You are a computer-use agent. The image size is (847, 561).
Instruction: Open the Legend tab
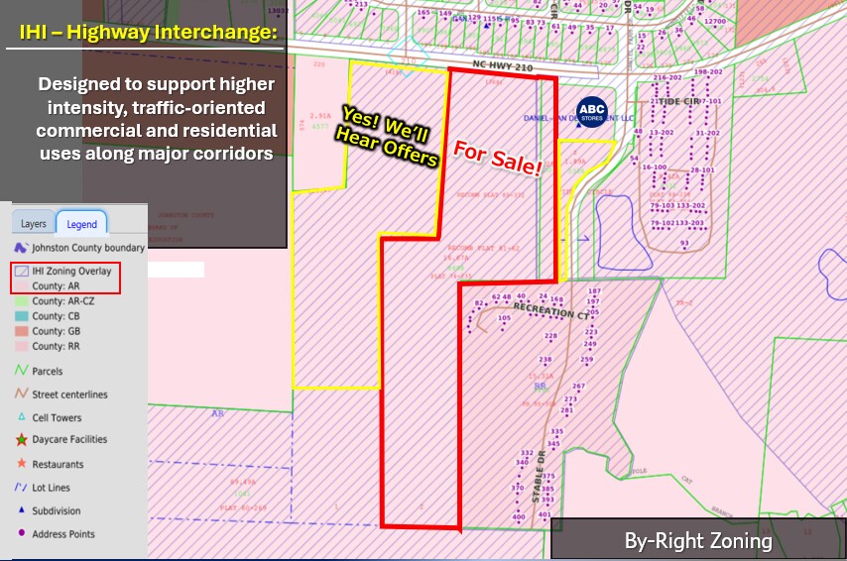82,224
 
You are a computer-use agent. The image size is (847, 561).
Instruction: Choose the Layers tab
34,224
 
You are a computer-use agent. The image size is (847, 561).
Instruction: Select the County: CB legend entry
56,316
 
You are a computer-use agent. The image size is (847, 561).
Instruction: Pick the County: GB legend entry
56,331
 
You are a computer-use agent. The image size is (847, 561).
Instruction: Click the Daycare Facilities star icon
21,440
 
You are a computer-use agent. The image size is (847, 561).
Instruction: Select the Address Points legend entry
63,534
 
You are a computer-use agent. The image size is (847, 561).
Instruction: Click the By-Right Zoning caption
697,541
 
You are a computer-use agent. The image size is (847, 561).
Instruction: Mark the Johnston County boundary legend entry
87,248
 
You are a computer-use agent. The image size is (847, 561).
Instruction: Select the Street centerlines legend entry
69,394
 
